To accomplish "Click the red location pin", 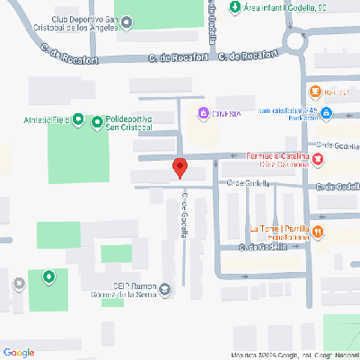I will coord(180,167).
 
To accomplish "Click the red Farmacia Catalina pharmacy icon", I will coord(320,159).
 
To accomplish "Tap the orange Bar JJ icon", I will coord(315,92).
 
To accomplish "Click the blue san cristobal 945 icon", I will coord(326,114).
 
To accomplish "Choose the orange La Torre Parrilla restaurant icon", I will coord(319,231).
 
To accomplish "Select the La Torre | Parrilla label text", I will coord(279,228).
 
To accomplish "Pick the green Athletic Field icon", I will coord(77,119).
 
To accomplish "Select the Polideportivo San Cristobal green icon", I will coord(97,123).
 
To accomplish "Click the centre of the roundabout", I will coord(296,39).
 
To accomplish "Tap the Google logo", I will coord(19,352).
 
